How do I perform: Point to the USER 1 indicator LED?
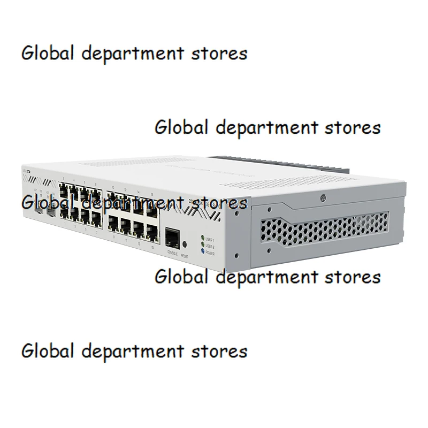[202, 237]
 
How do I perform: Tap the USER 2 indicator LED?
[202, 243]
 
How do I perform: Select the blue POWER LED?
[202, 249]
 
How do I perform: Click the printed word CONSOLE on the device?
[172, 251]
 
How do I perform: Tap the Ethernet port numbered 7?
[96, 218]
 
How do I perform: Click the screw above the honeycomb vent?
[324, 197]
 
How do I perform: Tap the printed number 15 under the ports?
[152, 248]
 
